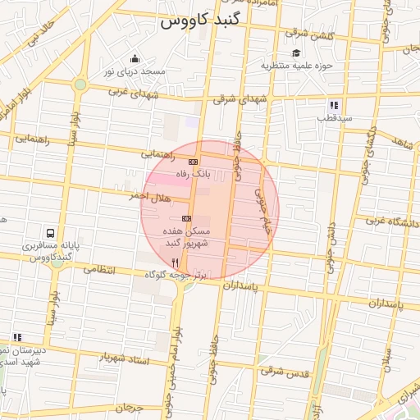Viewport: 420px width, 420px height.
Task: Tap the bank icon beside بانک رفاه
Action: pos(193,162)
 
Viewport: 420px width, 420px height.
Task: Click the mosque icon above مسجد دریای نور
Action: pos(135,59)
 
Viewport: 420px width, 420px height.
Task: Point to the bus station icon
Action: pos(51,233)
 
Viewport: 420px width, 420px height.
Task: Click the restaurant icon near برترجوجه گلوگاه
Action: pos(175,262)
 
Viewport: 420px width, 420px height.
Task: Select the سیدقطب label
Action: pos(336,118)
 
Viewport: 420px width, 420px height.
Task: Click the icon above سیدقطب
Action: pos(334,105)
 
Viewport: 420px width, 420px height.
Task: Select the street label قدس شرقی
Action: pos(284,372)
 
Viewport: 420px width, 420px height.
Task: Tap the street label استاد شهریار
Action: pos(122,358)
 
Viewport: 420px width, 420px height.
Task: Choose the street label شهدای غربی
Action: pos(130,93)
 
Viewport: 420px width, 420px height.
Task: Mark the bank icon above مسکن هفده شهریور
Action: pos(186,218)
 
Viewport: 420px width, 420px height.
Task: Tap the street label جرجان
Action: pos(128,408)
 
